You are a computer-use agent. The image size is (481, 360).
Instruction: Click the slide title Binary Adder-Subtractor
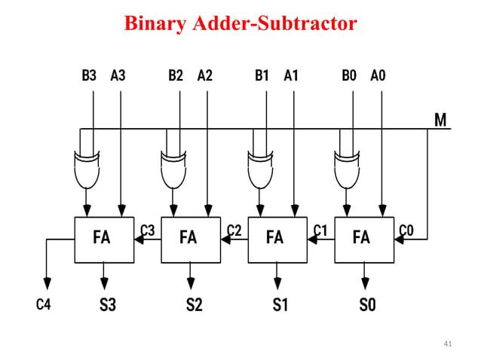[x=240, y=24]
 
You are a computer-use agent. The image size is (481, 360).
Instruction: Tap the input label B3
[x=89, y=75]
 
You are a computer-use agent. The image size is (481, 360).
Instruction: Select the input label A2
[x=204, y=75]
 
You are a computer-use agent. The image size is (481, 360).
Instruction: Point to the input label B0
[x=349, y=75]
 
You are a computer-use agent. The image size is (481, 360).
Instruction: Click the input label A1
[x=291, y=75]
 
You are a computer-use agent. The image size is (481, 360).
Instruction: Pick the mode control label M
[x=440, y=120]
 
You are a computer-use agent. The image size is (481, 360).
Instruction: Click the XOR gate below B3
[x=87, y=170]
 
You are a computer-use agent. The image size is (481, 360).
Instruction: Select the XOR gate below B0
[x=347, y=170]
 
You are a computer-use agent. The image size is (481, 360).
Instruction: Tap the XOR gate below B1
[x=260, y=170]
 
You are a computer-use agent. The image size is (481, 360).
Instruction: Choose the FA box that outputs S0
[x=363, y=239]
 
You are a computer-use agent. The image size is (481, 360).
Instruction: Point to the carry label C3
[x=148, y=230]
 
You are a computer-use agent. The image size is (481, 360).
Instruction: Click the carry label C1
[x=320, y=230]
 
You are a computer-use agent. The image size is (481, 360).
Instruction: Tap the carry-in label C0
[x=406, y=230]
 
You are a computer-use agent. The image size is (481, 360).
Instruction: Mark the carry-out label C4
[x=45, y=306]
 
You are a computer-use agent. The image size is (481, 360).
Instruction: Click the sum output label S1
[x=280, y=306]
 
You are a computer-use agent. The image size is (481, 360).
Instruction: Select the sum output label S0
[x=366, y=306]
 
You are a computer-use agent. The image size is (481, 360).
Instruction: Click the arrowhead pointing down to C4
[x=47, y=283]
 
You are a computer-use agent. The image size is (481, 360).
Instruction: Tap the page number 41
[x=448, y=344]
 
